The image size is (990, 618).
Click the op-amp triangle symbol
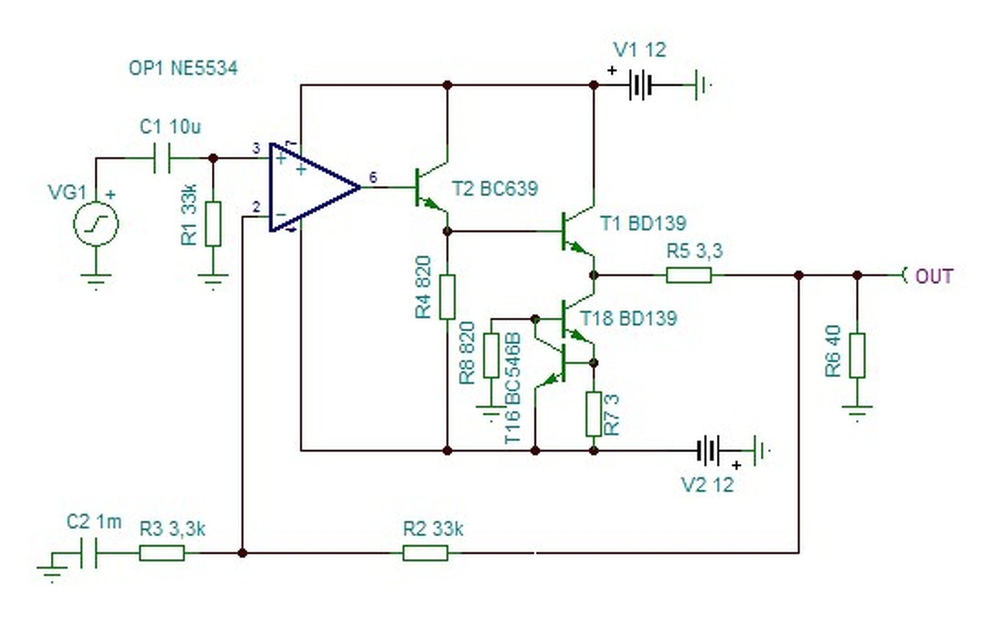[x=314, y=187]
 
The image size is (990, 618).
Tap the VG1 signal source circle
[x=96, y=224]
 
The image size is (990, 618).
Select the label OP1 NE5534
[x=183, y=68]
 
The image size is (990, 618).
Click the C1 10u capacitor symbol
[x=162, y=158]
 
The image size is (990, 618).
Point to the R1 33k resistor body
[x=213, y=224]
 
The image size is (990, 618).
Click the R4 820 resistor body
[x=447, y=296]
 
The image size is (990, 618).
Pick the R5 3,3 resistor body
[x=689, y=275]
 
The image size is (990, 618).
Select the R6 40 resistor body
[x=858, y=356]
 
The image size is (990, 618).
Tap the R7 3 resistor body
[x=593, y=414]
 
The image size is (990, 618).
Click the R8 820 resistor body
[x=491, y=356]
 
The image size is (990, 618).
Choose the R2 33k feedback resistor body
[x=425, y=553]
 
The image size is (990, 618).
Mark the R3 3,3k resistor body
[x=162, y=553]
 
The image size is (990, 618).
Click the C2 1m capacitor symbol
[x=88, y=553]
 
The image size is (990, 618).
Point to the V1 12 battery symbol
[x=640, y=84]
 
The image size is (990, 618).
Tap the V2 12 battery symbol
[x=708, y=450]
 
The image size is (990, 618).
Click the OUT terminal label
[x=934, y=276]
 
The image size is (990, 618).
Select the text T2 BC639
[x=495, y=189]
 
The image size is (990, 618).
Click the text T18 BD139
[x=629, y=319]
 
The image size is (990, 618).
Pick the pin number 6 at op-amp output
[x=374, y=177]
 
